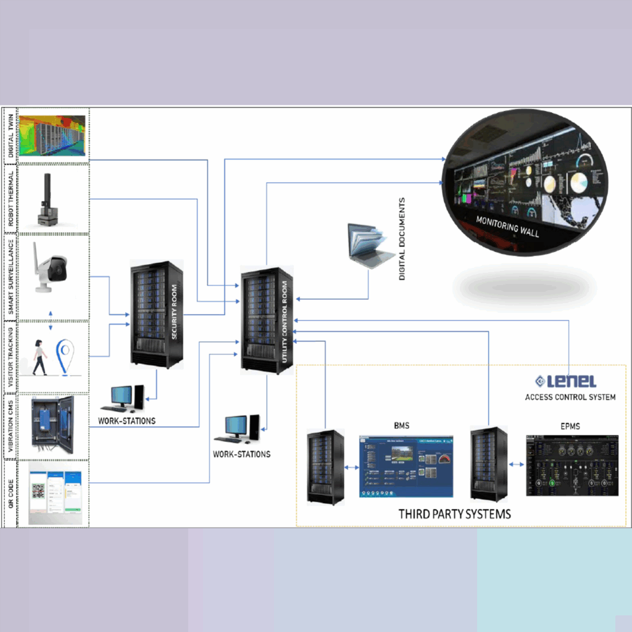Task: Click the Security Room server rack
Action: click(157, 315)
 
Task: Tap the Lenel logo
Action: click(565, 381)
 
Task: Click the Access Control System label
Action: click(570, 397)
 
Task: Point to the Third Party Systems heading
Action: click(454, 513)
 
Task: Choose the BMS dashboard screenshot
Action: click(406, 466)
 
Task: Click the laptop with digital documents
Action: click(370, 245)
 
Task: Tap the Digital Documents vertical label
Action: click(402, 239)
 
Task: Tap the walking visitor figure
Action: click(39, 357)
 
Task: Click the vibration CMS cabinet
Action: click(52, 425)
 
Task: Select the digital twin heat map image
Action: click(52, 135)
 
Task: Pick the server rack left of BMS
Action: click(325, 466)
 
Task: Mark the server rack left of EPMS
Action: click(488, 462)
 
